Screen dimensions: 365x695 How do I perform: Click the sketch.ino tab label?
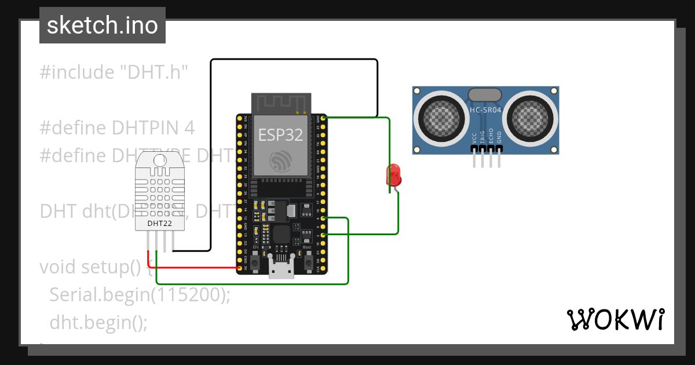pos(102,25)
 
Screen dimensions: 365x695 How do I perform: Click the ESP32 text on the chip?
pos(280,134)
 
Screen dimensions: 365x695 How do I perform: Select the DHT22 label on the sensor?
pos(159,222)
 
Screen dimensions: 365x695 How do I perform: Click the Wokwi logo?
pos(614,319)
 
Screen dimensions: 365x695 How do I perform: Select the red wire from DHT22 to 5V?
pos(197,268)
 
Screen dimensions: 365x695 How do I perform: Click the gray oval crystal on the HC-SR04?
pos(484,94)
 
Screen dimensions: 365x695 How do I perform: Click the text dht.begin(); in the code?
pos(98,322)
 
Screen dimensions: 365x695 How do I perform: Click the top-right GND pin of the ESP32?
pos(323,118)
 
